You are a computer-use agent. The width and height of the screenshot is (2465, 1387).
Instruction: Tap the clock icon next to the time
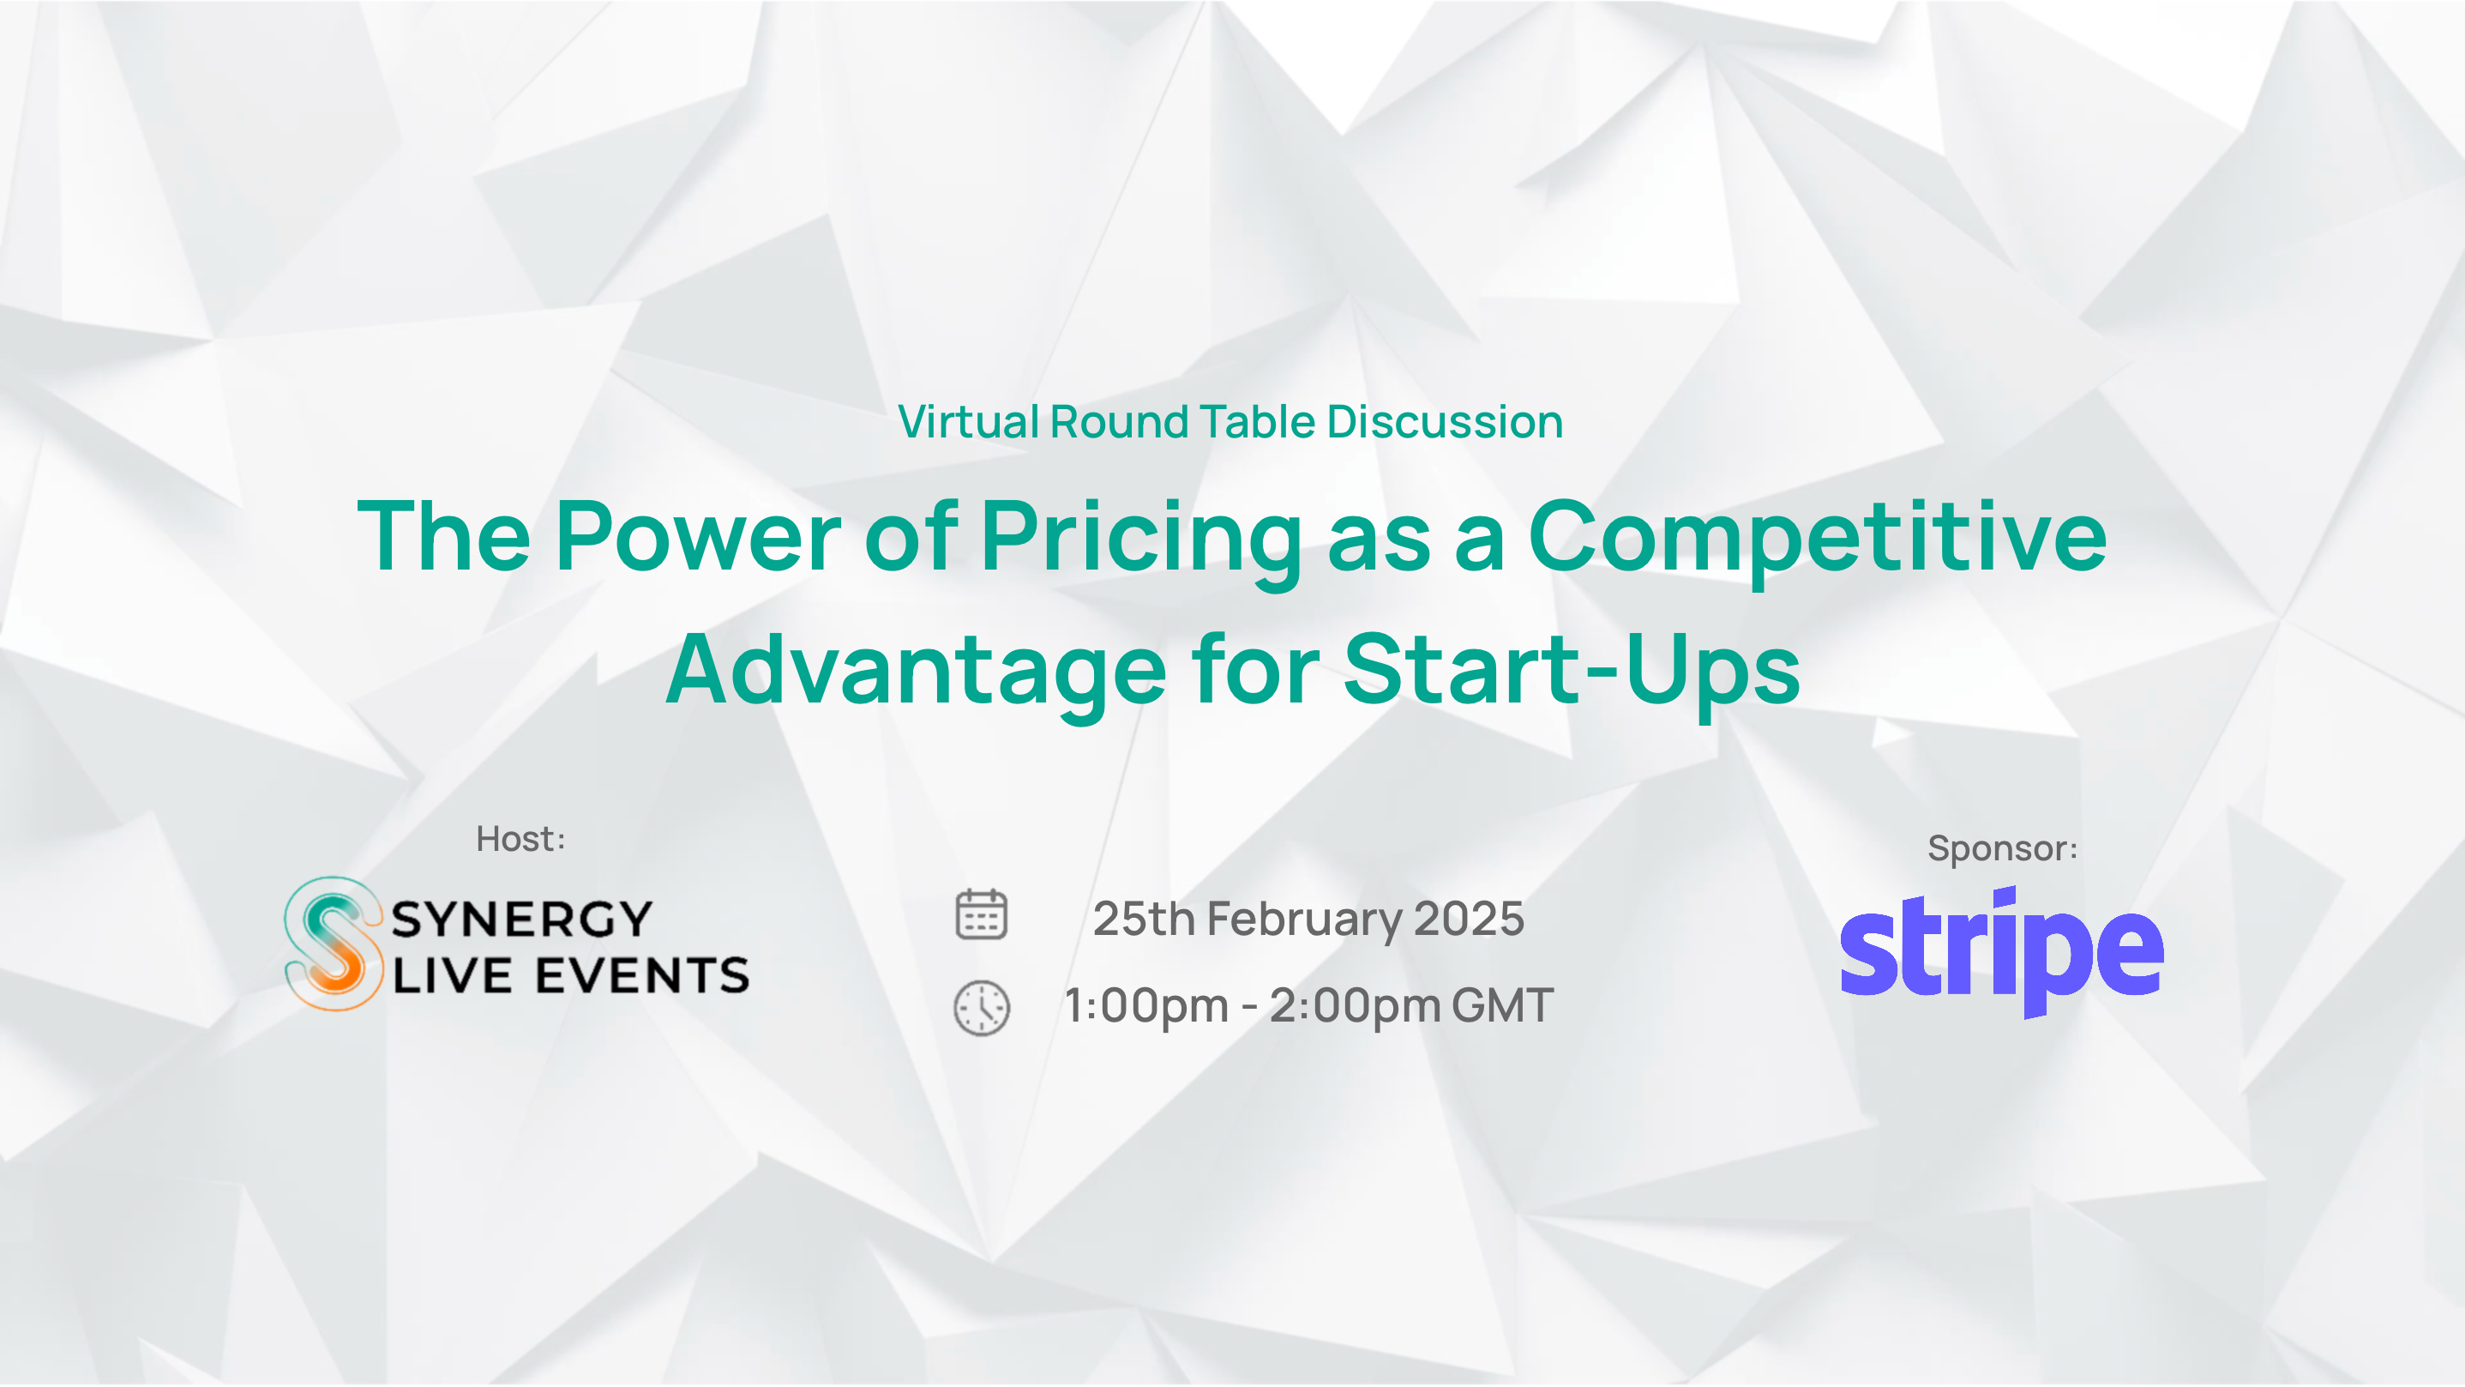[x=981, y=1007]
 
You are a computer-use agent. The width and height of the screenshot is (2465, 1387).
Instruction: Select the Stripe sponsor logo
[x=2002, y=951]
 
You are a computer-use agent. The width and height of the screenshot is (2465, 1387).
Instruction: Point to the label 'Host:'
[x=520, y=839]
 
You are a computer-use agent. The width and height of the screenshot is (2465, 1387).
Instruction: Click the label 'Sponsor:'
[x=2002, y=848]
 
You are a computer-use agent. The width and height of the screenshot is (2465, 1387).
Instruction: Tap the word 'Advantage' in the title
[x=916, y=673]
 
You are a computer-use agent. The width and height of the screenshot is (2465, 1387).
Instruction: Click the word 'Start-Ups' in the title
[x=1572, y=673]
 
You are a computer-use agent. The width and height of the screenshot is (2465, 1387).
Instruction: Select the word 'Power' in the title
[x=698, y=538]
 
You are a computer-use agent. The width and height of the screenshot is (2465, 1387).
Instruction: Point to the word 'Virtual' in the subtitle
[x=968, y=422]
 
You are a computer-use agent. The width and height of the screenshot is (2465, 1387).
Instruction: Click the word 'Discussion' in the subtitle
[x=1445, y=422]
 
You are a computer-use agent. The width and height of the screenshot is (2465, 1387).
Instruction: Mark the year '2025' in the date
[x=1469, y=919]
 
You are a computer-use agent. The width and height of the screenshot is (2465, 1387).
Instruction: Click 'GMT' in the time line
[x=1502, y=1006]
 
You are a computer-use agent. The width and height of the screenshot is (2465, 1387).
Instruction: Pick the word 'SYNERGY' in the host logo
[x=521, y=920]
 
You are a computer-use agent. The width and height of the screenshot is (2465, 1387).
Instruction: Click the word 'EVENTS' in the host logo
[x=642, y=976]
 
